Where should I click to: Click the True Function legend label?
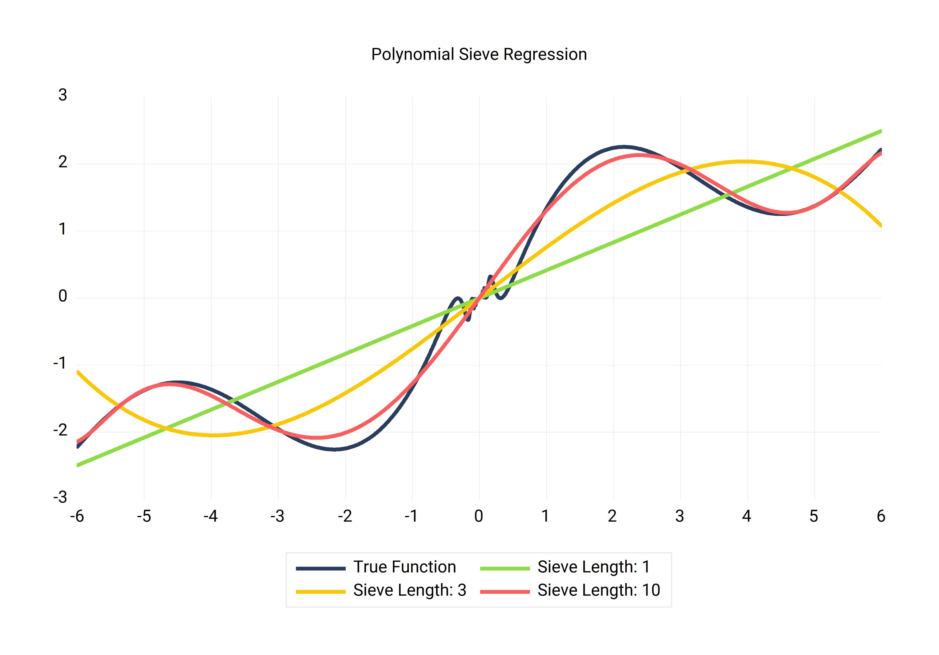point(405,567)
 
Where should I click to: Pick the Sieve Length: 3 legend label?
point(409,590)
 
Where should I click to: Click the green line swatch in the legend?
point(505,568)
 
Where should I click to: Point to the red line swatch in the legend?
point(505,592)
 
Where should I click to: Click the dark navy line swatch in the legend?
point(321,568)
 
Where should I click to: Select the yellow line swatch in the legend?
point(321,592)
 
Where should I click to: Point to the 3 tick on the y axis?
point(63,95)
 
